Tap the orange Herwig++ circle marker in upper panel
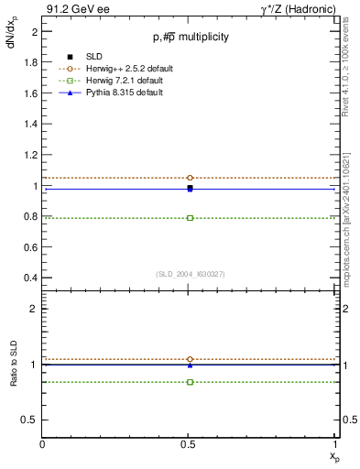190,178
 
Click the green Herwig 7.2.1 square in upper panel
190,218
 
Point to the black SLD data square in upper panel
190,188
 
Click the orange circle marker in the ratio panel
190,359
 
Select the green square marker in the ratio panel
190,381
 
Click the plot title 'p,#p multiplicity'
191,37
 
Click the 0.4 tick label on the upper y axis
31,278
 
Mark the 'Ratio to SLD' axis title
15,376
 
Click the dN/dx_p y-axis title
13,31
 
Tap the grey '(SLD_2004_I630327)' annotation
190,274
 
